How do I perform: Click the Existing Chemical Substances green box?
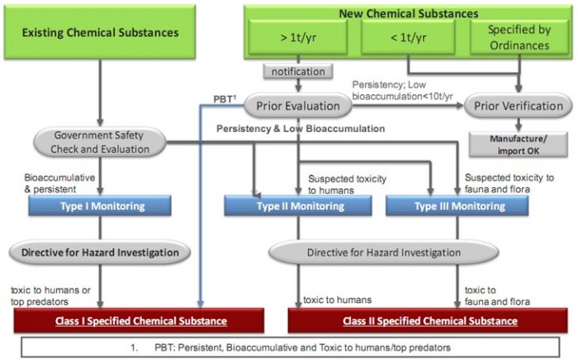[x=101, y=33]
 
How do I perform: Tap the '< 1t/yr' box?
[x=407, y=36]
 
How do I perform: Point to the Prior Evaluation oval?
[x=298, y=106]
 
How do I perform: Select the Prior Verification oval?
[x=515, y=106]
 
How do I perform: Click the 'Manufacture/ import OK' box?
[x=514, y=143]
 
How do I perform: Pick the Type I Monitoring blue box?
[x=100, y=206]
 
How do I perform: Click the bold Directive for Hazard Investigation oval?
[x=100, y=250]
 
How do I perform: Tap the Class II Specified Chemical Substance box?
[x=424, y=320]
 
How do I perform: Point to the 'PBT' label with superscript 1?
[x=224, y=101]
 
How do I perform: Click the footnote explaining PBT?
[x=289, y=348]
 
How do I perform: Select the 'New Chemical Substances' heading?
[x=407, y=13]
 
